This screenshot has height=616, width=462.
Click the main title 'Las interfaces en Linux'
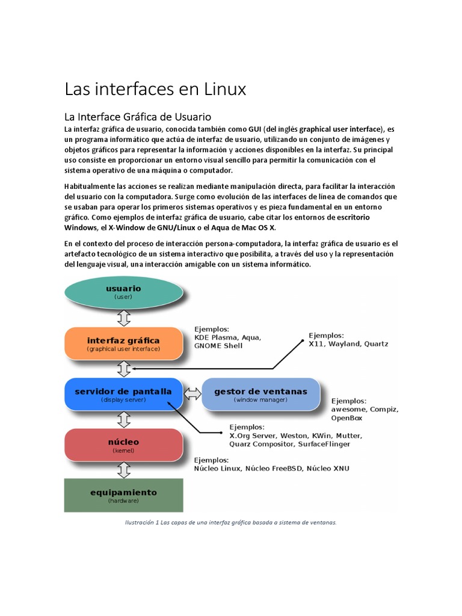155,90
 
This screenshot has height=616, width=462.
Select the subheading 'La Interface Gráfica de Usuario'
138,116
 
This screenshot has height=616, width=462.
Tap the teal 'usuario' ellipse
123,291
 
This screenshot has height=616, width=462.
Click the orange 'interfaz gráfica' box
123,343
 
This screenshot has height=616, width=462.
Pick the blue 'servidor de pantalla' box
123,394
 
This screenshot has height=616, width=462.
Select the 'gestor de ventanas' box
260,394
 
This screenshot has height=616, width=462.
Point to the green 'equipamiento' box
123,495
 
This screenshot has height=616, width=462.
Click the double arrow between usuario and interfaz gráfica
123,317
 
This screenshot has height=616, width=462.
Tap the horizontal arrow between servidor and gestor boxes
192,393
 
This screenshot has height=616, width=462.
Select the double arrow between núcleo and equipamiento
123,470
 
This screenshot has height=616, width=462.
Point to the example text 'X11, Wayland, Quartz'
348,344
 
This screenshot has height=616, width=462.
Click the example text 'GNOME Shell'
218,346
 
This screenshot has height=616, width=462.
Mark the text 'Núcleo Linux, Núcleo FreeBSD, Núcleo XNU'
271,468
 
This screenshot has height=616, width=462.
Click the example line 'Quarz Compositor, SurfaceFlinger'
289,445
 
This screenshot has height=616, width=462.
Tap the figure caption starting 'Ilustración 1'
231,522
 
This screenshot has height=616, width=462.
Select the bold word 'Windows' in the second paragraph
79,228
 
